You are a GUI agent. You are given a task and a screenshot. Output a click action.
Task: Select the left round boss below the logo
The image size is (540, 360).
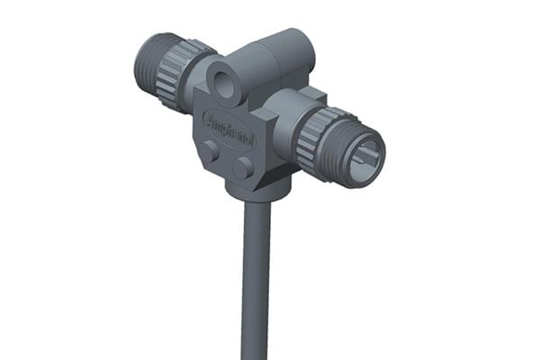coord(209,152)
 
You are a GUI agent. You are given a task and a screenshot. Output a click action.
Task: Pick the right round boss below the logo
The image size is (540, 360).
coord(242,167)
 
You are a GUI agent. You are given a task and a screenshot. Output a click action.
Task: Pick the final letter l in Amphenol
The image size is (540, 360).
coord(251,141)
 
